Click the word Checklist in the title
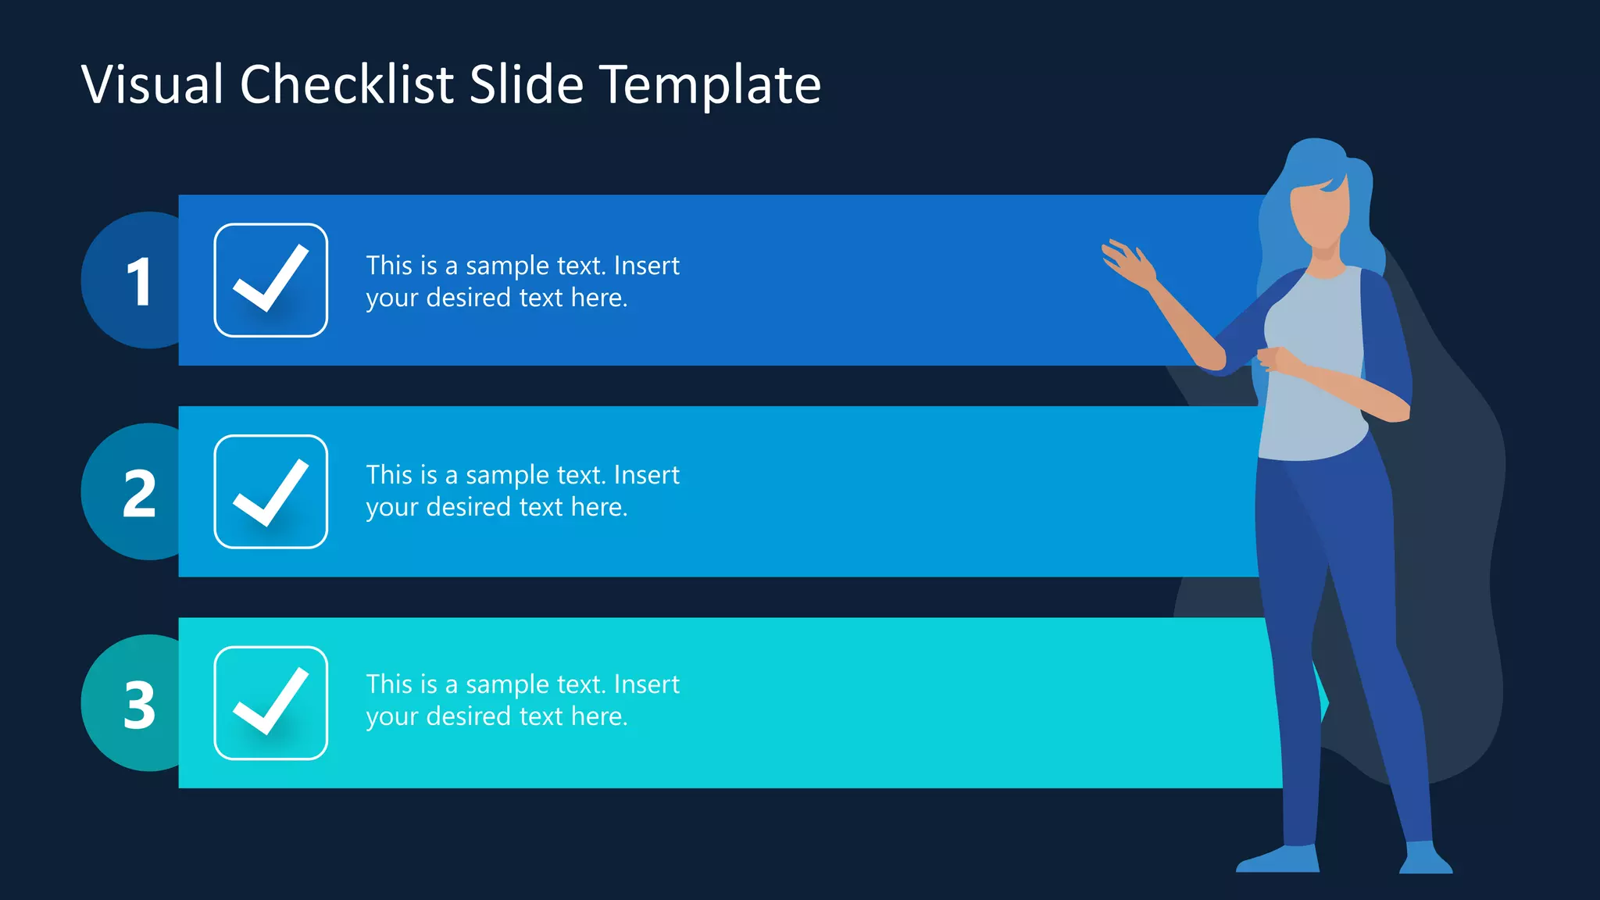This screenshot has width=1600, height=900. pos(347,84)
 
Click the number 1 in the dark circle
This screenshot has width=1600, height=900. pos(139,281)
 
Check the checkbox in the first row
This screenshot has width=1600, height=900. pos(270,280)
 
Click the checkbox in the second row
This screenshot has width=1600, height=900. pos(270,491)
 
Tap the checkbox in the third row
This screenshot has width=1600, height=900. pos(270,702)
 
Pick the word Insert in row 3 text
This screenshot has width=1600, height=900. pos(647,684)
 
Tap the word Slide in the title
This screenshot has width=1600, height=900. pos(527,84)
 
